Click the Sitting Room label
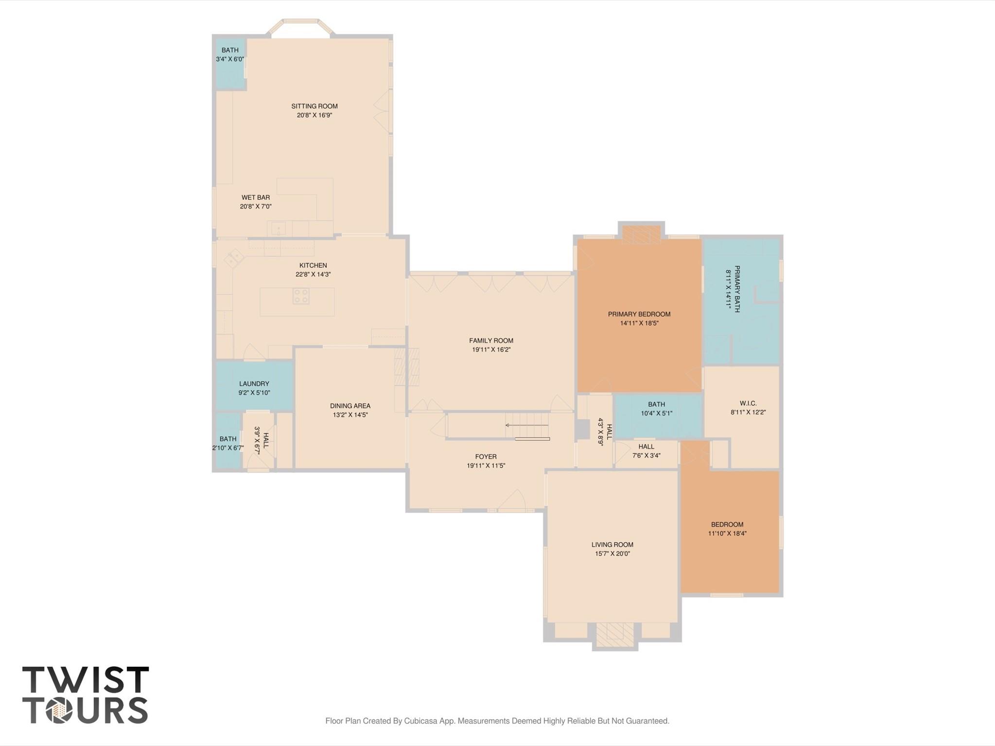coord(314,106)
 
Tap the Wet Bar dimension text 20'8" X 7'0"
coord(256,207)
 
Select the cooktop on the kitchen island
coord(301,296)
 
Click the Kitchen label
coord(313,265)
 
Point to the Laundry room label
coord(254,384)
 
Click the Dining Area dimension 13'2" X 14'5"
coord(350,415)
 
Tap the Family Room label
coord(491,341)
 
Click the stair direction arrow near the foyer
coord(527,425)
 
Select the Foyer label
coord(486,457)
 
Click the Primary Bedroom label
coord(639,314)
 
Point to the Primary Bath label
coord(737,289)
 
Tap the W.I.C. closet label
coord(748,403)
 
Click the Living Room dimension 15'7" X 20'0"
coord(612,554)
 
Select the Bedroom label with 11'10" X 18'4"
coord(727,524)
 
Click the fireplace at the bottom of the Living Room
coord(615,635)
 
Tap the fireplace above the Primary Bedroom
coord(642,234)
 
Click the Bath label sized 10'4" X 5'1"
coord(657,404)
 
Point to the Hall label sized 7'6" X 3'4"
coord(646,447)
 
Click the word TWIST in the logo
coord(86,680)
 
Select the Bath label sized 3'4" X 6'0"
coord(230,50)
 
